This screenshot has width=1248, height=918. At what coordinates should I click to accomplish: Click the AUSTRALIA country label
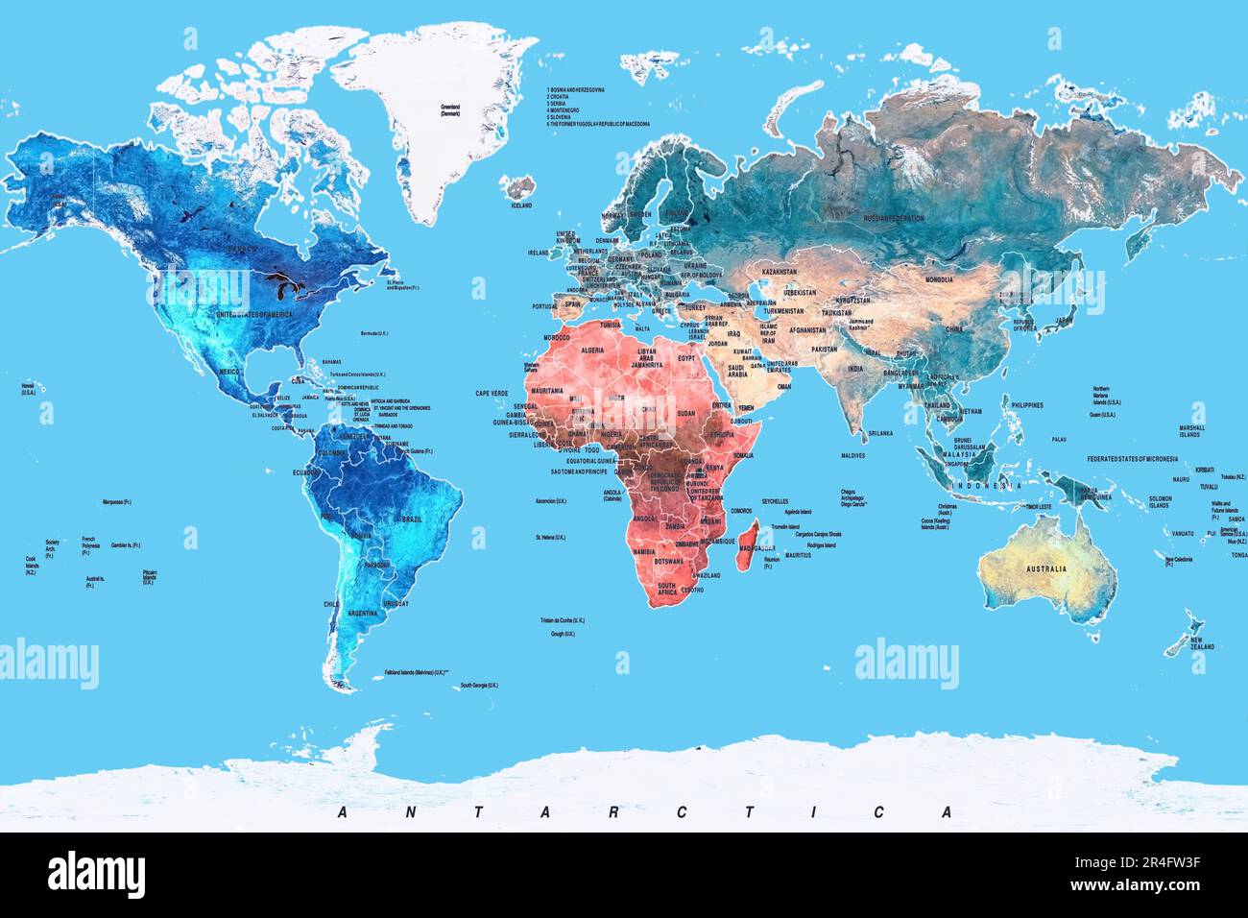(1045, 568)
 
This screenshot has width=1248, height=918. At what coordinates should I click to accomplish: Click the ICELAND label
(521, 205)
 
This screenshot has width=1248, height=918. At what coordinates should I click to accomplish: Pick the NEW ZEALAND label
(1202, 643)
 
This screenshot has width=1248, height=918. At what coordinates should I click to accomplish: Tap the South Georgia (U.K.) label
(479, 685)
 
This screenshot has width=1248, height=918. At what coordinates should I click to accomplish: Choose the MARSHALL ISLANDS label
(1191, 431)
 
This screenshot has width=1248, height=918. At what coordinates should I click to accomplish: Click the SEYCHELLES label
(776, 501)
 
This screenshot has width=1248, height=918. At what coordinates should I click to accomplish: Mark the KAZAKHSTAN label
(779, 273)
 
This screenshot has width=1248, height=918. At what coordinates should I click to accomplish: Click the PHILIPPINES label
(1026, 405)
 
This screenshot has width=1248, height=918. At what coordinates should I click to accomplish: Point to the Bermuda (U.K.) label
(372, 332)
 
